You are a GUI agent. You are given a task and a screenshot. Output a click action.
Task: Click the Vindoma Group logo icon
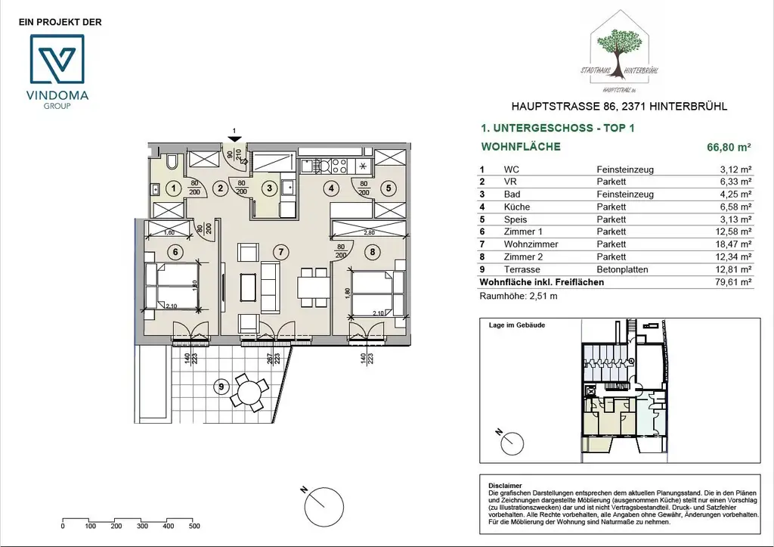point(58,59)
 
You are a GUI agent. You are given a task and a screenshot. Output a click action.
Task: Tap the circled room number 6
point(174,252)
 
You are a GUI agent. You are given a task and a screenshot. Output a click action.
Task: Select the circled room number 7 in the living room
point(280,251)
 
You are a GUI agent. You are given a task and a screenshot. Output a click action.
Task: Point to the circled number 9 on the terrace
point(221,386)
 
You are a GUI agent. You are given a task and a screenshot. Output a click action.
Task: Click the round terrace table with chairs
point(248,391)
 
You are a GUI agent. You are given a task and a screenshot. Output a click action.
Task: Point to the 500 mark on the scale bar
point(194,526)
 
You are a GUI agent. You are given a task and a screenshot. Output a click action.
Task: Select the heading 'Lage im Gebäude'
point(518,325)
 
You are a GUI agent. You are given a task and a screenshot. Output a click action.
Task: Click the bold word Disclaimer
point(506,485)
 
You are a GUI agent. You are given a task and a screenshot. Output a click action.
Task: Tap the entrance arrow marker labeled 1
point(235,138)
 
